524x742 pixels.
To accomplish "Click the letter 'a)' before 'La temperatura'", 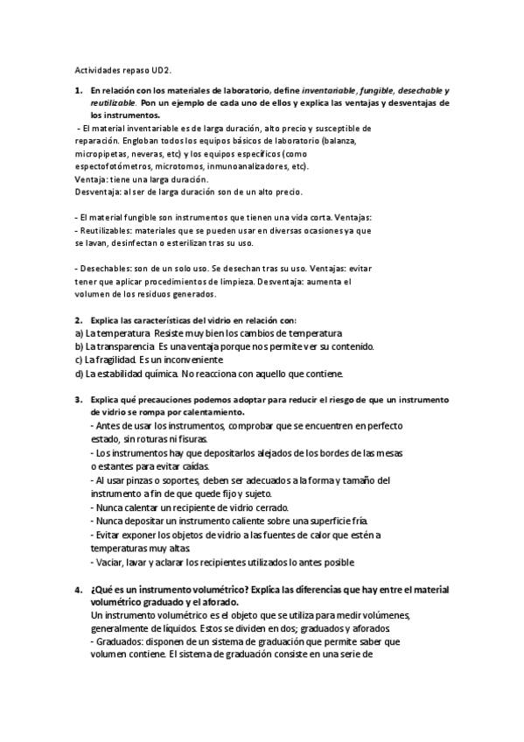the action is click(x=79, y=333).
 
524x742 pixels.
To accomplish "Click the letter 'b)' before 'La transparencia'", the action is click(x=79, y=346).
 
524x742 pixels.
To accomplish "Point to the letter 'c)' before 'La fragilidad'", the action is click(x=79, y=360).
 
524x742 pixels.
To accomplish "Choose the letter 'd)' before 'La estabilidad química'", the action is click(x=79, y=373).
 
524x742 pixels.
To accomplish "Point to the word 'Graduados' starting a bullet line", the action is click(x=121, y=640).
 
